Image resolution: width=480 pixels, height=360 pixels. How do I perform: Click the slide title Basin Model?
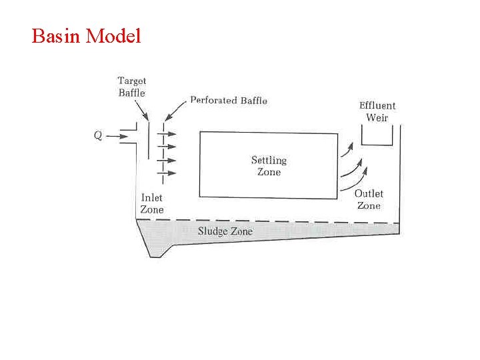pyautogui.click(x=86, y=35)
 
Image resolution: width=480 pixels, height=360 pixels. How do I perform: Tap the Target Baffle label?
pyautogui.click(x=132, y=87)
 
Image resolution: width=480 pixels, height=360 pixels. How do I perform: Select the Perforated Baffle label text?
pyautogui.click(x=229, y=100)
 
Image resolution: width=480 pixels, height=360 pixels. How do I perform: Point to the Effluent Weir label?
pyautogui.click(x=377, y=111)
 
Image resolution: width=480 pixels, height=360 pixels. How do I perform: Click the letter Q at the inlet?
pyautogui.click(x=98, y=135)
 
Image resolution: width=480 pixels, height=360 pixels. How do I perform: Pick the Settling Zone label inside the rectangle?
pyautogui.click(x=269, y=166)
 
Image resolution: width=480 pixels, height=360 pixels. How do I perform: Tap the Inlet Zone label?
pyautogui.click(x=152, y=203)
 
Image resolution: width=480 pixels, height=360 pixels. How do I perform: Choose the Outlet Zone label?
pyautogui.click(x=369, y=199)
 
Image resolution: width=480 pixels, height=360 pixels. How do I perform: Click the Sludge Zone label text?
pyautogui.click(x=225, y=231)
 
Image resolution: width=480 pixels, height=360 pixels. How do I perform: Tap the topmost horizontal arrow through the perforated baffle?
pyautogui.click(x=167, y=132)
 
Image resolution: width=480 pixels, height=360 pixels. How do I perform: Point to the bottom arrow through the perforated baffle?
pyautogui.click(x=167, y=173)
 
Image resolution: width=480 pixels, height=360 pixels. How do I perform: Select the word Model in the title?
pyautogui.click(x=114, y=35)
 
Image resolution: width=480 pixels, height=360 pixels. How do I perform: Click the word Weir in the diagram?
pyautogui.click(x=377, y=118)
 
